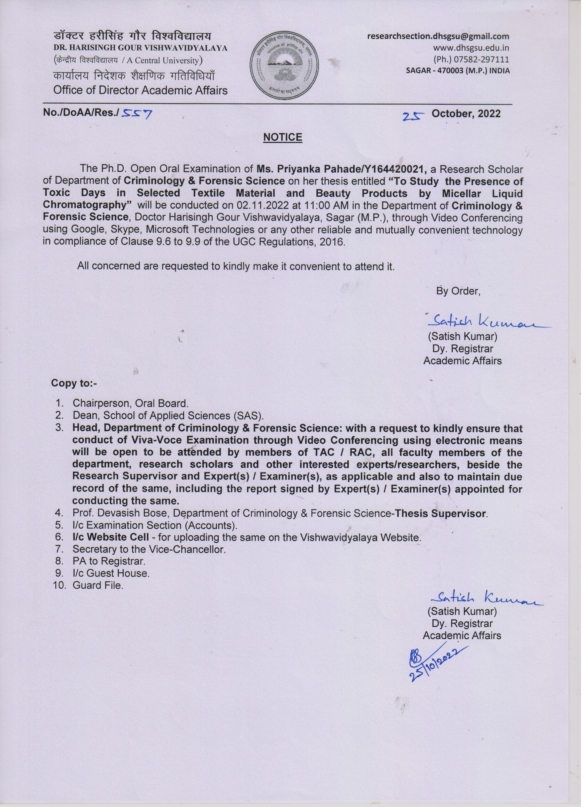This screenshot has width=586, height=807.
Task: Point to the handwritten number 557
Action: pos(137,114)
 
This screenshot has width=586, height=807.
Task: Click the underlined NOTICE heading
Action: pos(282,137)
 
